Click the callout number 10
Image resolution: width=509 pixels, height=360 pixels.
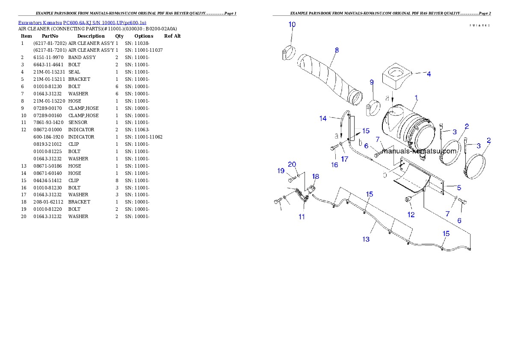(292, 24)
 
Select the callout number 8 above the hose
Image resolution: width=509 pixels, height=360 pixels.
(337, 50)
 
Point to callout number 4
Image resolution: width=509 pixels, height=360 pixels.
(429, 74)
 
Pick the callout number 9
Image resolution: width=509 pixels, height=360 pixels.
(371, 82)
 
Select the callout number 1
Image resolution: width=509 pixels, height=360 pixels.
(416, 98)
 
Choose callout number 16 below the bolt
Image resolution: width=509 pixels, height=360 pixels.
(334, 165)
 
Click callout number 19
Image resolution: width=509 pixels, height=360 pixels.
(281, 171)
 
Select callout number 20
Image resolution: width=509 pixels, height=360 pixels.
(292, 164)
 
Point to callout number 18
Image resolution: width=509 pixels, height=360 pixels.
(315, 176)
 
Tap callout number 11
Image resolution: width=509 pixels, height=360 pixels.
(302, 217)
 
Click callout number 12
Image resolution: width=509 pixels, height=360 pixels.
(411, 215)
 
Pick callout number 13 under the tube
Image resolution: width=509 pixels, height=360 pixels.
(366, 239)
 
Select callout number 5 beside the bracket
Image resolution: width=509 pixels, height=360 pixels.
(459, 187)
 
